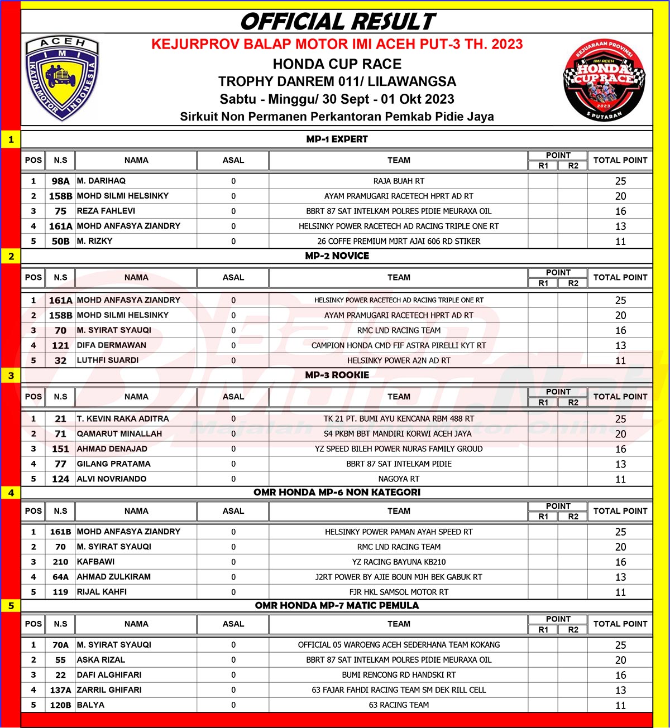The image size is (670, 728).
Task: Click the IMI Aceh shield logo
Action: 63,78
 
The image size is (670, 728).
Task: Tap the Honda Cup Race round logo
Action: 604,80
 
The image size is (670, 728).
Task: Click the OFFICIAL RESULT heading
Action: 337,22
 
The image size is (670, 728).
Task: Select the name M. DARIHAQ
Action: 101,181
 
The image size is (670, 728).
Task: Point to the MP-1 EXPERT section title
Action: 337,139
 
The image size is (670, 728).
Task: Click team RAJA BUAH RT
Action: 399,181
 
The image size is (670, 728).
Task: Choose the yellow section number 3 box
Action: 11,375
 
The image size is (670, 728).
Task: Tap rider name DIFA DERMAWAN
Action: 112,345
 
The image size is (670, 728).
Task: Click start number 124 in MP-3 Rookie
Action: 60,479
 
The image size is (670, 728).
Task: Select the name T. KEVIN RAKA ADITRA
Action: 123,418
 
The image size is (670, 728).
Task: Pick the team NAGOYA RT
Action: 399,479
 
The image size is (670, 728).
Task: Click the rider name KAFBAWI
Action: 95,562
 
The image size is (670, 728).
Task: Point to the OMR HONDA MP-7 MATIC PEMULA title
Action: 337,605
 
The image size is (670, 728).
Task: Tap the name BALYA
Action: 90,705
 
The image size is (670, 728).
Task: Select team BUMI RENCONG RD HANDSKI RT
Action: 399,674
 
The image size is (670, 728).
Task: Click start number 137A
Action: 60,690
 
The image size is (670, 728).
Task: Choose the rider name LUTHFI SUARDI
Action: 108,360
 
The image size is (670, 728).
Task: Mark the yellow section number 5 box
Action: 11,606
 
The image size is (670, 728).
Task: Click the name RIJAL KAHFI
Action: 102,592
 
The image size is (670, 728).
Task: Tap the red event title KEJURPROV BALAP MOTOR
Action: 337,44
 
